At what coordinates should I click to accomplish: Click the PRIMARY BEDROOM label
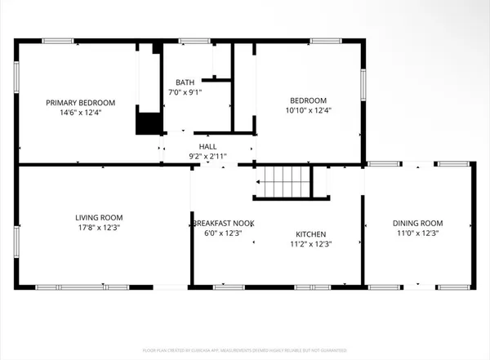80,103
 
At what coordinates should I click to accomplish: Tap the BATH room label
185,82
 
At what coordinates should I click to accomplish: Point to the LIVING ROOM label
99,217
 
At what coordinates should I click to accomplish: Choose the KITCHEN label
310,233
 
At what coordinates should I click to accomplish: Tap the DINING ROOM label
417,223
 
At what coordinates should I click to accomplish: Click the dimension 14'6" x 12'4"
80,113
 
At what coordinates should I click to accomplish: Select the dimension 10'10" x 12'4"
308,110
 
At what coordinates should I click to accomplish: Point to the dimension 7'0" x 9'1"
185,92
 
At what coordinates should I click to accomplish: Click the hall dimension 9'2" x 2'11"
207,155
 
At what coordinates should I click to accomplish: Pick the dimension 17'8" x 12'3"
99,228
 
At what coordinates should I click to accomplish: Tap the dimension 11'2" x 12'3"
310,243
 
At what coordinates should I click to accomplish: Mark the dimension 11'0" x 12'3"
417,233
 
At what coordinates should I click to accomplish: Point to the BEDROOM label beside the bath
308,100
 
